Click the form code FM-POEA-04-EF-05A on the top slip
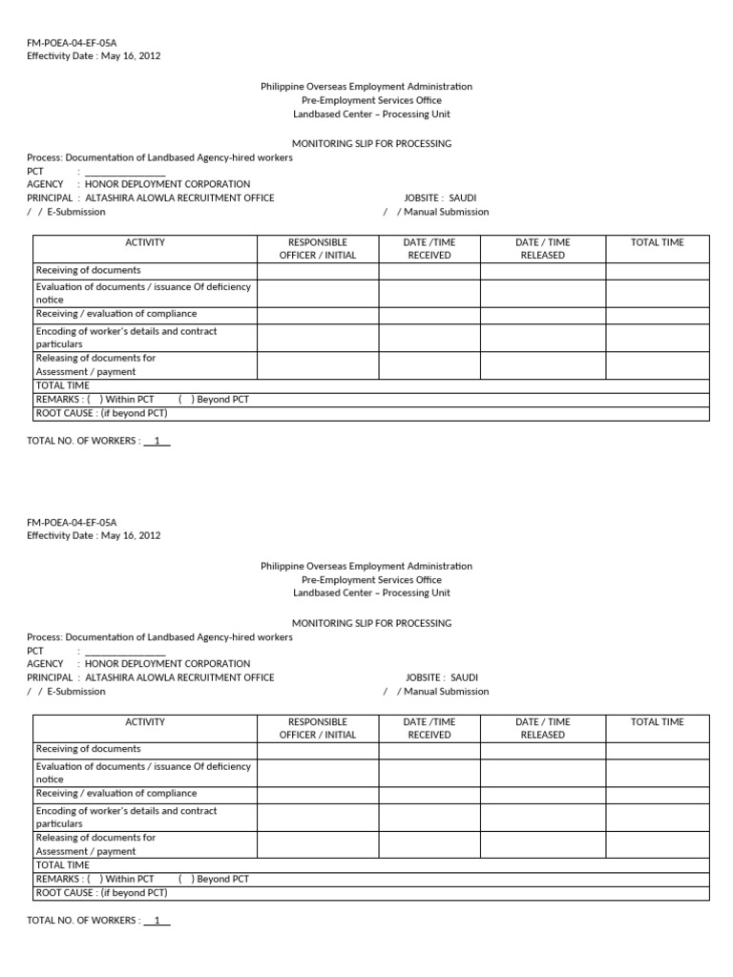[x=72, y=43]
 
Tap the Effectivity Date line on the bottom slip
[x=94, y=535]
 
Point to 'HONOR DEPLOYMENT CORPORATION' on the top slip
[x=167, y=184]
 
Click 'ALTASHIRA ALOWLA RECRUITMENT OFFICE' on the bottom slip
[x=179, y=677]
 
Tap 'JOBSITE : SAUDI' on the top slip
[x=440, y=197]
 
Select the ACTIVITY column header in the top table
[x=145, y=242]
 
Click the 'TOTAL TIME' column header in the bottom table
[x=657, y=722]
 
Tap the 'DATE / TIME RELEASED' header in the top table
[x=542, y=249]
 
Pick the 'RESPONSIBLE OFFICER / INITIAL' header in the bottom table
[x=317, y=729]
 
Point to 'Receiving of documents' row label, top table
[x=88, y=270]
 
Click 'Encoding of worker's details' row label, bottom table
[x=126, y=811]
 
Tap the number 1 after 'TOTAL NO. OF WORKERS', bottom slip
[x=157, y=921]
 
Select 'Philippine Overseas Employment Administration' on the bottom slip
[x=366, y=566]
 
